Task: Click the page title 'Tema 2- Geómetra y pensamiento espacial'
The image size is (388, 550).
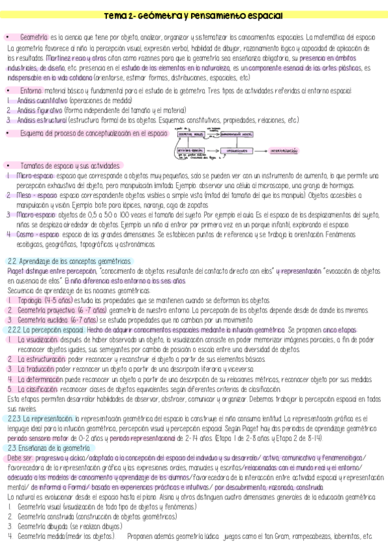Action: pos(193,16)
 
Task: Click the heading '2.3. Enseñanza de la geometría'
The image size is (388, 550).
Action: pos(49,429)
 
